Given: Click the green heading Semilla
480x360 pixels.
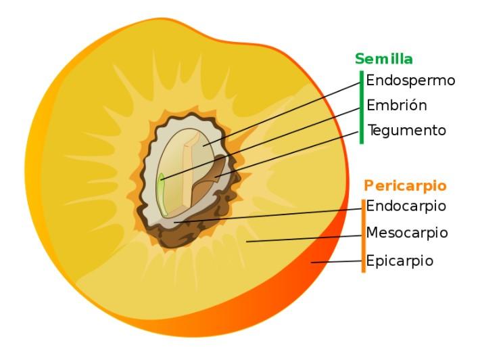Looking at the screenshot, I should tap(384, 59).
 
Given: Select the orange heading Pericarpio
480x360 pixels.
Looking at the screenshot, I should tap(405, 185).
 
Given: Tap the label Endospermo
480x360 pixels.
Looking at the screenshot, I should tap(410, 81).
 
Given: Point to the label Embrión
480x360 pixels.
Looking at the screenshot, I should tap(397, 106).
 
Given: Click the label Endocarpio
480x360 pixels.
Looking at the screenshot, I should tap(406, 206).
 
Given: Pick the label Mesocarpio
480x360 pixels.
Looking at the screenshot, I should tap(407, 233).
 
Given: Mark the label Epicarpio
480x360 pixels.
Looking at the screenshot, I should tap(400, 261).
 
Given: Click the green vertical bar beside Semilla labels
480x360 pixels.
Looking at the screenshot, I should tap(362, 106).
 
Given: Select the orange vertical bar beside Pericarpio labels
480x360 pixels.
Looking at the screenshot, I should tap(363, 235).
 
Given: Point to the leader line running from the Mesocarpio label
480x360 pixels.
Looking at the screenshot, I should tap(304, 238).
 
